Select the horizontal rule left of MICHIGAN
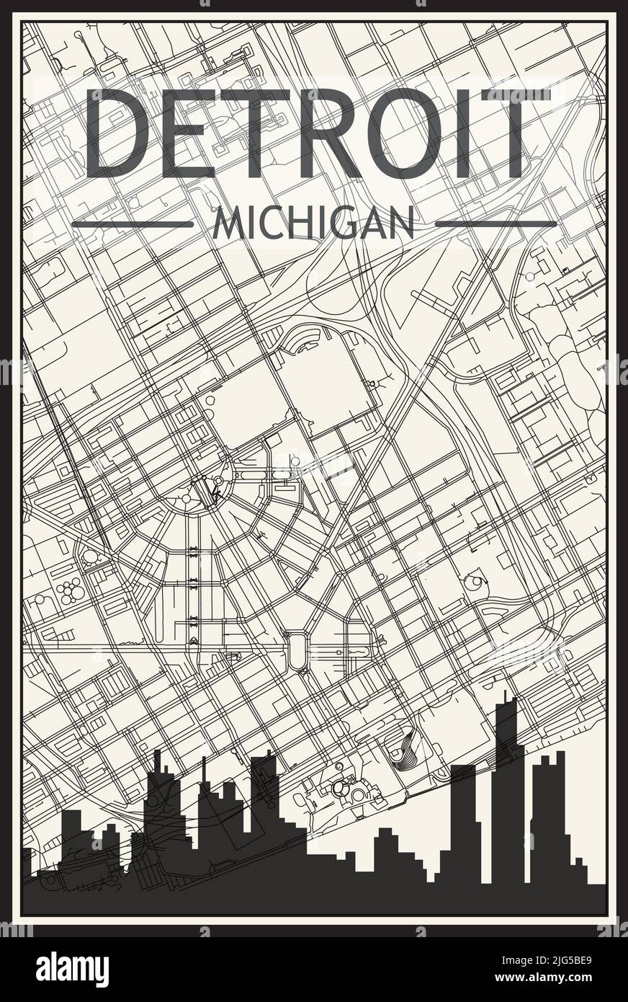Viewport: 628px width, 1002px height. pyautogui.click(x=133, y=224)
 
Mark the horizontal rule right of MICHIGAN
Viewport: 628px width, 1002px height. pyautogui.click(x=495, y=224)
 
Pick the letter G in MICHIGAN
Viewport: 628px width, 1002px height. pyautogui.click(x=346, y=224)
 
